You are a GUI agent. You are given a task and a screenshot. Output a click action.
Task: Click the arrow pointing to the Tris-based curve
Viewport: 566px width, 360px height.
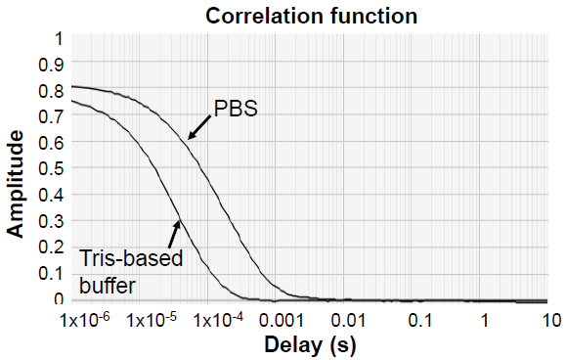175,233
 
